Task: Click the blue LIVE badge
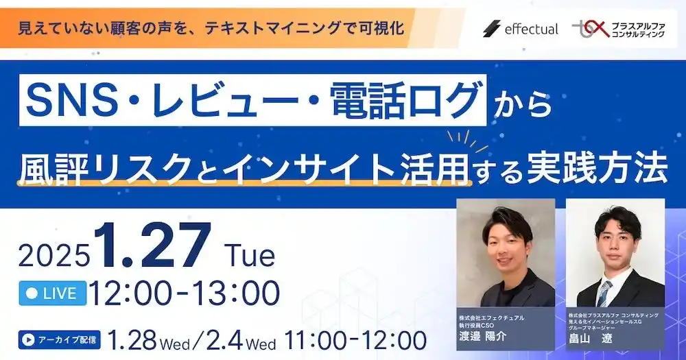click(52, 293)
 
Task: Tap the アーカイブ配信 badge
click(60, 339)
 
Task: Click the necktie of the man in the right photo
click(604, 291)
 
